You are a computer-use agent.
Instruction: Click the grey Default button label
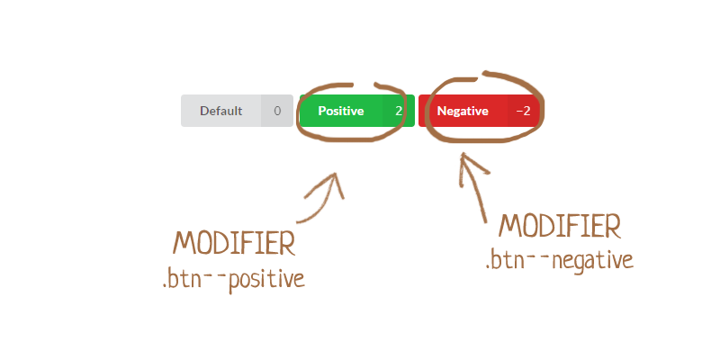tap(221, 111)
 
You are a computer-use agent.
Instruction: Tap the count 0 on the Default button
tap(277, 111)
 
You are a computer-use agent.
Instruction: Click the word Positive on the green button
tap(341, 111)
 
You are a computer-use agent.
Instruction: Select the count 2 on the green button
tap(398, 111)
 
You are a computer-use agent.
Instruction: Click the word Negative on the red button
tap(462, 111)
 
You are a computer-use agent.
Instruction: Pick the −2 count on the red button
tap(523, 111)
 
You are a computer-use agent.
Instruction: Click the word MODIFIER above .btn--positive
tap(235, 244)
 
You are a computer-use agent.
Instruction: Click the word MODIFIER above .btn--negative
tap(559, 225)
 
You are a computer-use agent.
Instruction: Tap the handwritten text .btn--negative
tap(559, 260)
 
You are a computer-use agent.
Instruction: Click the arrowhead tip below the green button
tap(338, 175)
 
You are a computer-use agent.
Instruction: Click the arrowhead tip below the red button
tap(464, 157)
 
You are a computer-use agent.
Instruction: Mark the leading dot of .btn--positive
tap(165, 285)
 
